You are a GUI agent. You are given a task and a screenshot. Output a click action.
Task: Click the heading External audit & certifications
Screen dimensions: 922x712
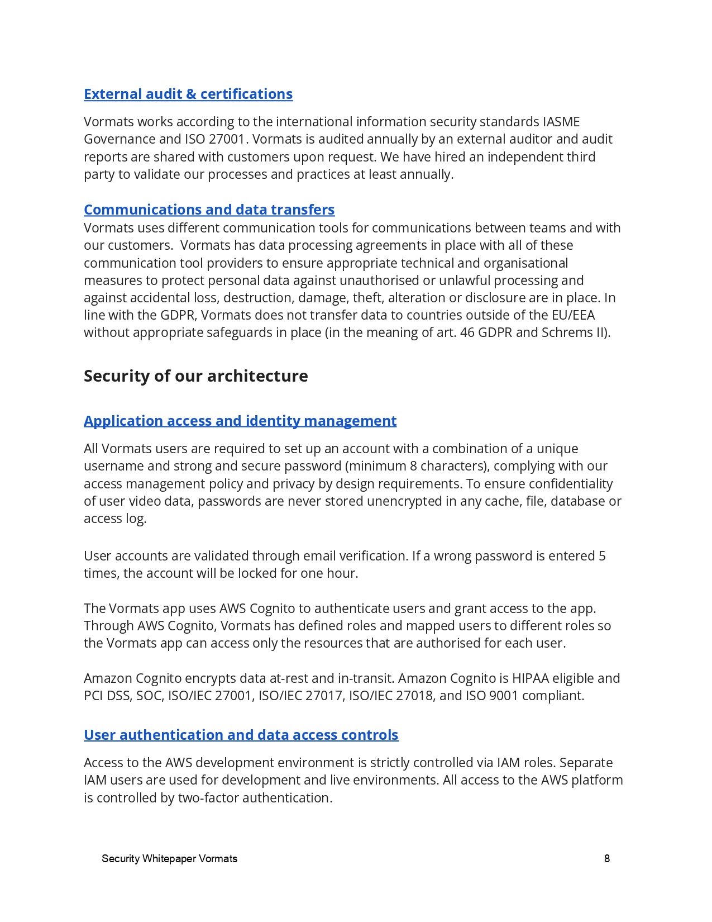[x=188, y=94]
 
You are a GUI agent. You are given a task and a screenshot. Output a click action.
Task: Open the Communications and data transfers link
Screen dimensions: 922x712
[x=209, y=210]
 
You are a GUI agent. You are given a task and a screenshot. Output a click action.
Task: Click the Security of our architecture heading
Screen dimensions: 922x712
[x=195, y=376]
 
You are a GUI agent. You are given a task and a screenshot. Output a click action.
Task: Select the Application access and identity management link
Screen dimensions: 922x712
[x=240, y=421]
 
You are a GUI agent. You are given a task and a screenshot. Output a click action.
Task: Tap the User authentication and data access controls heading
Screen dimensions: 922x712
[x=241, y=735]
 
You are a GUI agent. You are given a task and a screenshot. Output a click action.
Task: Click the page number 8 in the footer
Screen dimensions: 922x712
[x=607, y=858]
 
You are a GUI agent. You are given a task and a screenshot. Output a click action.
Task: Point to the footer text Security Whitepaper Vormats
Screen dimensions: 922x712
[x=169, y=858]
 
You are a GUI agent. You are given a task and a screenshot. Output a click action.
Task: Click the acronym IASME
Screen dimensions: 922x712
[x=561, y=122]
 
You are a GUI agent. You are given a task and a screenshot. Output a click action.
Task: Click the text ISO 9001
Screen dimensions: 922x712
[x=492, y=696]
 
